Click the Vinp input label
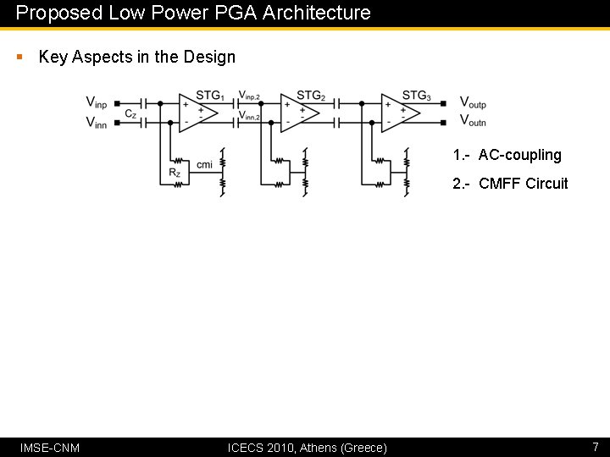pos(97,102)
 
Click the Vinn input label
pos(97,123)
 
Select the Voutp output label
pos(473,102)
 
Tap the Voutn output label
pos(473,122)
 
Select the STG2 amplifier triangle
pos(299,113)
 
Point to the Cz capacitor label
pos(130,113)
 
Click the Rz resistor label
pos(175,173)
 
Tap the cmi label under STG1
pos(204,164)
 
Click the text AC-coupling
pos(519,155)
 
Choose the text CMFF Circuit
pos(523,184)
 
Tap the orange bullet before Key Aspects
pos(19,57)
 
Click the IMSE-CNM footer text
pos(50,447)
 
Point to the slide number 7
pos(595,446)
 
